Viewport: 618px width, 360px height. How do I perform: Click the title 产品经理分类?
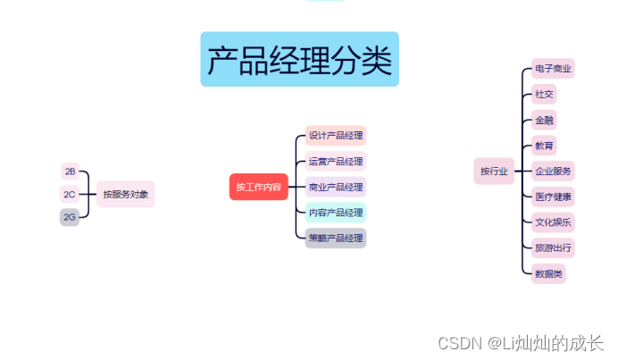(x=299, y=60)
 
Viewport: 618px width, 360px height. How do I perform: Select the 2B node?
(x=70, y=172)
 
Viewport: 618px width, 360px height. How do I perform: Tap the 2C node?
(x=70, y=194)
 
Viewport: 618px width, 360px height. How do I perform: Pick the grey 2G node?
(x=70, y=216)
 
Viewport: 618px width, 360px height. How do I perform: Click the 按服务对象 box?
(x=126, y=194)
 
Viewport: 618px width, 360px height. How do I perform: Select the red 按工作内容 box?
(x=258, y=187)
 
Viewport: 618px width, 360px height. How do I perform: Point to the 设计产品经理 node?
(x=336, y=136)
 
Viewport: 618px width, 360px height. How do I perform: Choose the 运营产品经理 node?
(x=336, y=162)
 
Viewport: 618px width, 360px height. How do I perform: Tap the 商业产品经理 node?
(x=336, y=187)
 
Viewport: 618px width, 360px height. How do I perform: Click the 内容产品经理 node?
(x=336, y=213)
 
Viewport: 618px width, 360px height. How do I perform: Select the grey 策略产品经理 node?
(x=336, y=239)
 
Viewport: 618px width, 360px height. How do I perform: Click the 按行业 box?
(x=494, y=171)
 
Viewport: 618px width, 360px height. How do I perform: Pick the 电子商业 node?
(x=553, y=69)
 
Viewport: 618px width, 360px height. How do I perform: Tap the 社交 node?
(x=544, y=94)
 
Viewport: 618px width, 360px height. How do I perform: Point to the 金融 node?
(x=544, y=120)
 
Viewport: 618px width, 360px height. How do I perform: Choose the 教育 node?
(x=544, y=146)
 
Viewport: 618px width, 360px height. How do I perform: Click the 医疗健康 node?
(x=553, y=197)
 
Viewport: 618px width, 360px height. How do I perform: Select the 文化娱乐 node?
(x=553, y=222)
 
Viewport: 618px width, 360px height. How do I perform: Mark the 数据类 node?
(x=548, y=273)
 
